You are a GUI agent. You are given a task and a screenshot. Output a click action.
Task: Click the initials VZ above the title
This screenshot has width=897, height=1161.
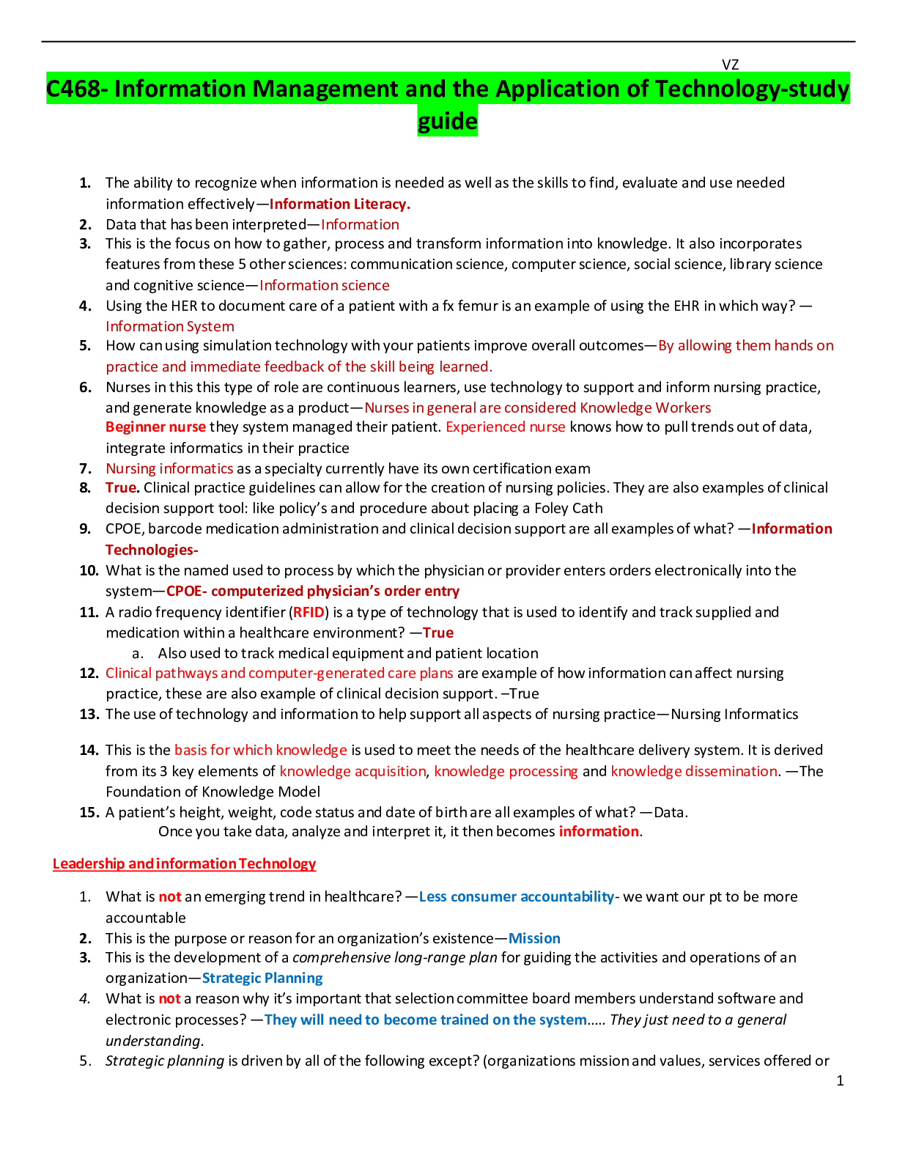[x=730, y=64]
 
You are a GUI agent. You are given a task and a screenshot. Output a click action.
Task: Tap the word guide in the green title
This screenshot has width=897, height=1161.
[x=447, y=121]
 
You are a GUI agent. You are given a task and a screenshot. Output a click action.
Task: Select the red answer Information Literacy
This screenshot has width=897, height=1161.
[x=339, y=204]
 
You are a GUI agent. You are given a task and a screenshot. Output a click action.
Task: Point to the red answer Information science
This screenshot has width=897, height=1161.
[x=324, y=285]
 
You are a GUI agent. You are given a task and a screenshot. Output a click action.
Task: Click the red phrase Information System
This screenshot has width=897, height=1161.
[x=170, y=326]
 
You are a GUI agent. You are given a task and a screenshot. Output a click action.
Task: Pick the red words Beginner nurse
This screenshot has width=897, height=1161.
[x=155, y=427]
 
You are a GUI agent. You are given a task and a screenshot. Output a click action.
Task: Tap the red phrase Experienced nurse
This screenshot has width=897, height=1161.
[x=506, y=427]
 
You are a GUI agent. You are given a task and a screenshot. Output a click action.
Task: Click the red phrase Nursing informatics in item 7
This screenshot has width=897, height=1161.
[x=169, y=468]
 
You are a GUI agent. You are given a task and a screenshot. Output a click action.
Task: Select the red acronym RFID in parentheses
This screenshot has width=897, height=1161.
[x=309, y=612]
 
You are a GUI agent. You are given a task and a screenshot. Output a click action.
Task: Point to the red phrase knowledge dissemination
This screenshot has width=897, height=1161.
[x=694, y=771]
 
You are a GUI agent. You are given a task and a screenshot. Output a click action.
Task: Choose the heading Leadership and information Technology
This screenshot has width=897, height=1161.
[x=184, y=863]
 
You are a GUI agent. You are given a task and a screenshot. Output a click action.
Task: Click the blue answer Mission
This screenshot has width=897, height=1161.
[x=534, y=938]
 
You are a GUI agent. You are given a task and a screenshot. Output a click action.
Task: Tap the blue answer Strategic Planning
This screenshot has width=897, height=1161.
[x=262, y=978]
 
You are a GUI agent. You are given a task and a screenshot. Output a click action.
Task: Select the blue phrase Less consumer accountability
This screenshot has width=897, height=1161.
[x=516, y=896]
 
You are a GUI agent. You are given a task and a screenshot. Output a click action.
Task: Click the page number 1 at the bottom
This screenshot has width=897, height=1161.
[x=840, y=1080]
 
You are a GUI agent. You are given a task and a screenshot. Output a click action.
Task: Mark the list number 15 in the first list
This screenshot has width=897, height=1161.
[x=89, y=812]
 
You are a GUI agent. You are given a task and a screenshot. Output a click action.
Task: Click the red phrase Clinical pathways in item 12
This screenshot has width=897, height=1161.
[x=161, y=673]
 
